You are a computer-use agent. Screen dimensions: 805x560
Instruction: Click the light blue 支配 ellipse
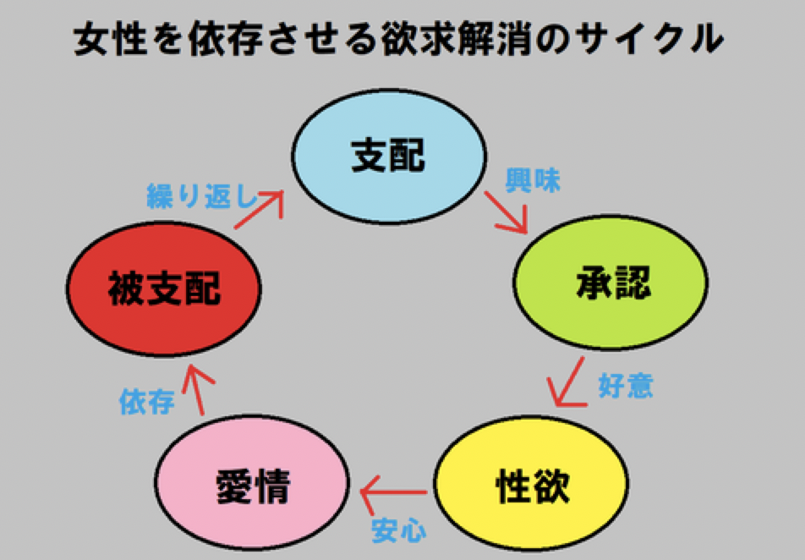(x=389, y=156)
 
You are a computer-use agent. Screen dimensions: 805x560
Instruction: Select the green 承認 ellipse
(x=611, y=283)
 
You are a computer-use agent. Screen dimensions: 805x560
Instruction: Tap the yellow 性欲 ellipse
(x=531, y=484)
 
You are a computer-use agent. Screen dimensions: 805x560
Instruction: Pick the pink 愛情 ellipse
(x=252, y=483)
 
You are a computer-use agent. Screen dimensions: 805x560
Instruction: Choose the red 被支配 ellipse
(x=164, y=288)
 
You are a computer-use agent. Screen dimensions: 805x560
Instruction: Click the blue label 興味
(x=533, y=180)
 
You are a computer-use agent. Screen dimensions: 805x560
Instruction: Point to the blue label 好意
(x=626, y=386)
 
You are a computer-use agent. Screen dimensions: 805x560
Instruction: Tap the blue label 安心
(x=399, y=530)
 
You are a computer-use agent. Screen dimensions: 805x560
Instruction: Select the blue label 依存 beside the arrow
(x=147, y=401)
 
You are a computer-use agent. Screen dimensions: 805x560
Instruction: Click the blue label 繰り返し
(x=202, y=195)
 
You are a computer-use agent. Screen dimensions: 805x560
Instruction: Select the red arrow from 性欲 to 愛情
(x=394, y=493)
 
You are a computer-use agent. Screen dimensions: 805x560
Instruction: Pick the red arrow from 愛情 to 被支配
(x=197, y=390)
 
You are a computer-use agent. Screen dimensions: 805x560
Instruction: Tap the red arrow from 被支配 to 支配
(x=259, y=210)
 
